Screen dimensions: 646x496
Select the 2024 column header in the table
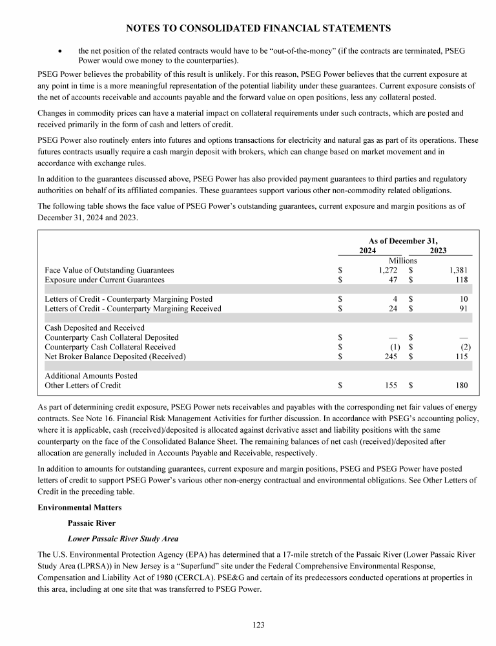coord(368,251)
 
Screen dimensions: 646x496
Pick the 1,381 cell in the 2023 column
coord(456,270)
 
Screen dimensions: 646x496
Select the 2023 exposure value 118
coord(460,280)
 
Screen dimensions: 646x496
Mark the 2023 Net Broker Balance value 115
coord(460,357)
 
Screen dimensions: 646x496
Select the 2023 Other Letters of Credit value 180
coord(460,386)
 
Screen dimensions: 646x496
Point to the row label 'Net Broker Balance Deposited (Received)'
coord(115,357)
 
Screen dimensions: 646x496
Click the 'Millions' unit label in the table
coord(402,260)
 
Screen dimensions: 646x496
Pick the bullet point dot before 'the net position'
coord(60,50)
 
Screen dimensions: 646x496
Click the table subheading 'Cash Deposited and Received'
coord(94,328)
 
